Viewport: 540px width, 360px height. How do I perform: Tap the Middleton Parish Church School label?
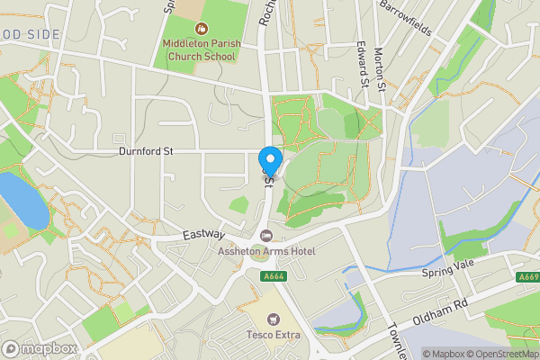coord(199,49)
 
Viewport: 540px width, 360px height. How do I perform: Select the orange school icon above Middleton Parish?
coord(199,30)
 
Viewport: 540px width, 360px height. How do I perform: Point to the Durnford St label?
coord(145,152)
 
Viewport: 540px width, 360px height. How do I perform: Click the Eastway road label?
coord(202,234)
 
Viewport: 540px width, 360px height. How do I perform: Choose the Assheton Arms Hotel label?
coord(266,251)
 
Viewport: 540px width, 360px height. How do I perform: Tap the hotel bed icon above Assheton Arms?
coord(265,236)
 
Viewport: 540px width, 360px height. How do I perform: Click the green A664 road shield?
coord(275,276)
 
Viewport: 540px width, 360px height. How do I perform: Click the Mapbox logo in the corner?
coord(40,348)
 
